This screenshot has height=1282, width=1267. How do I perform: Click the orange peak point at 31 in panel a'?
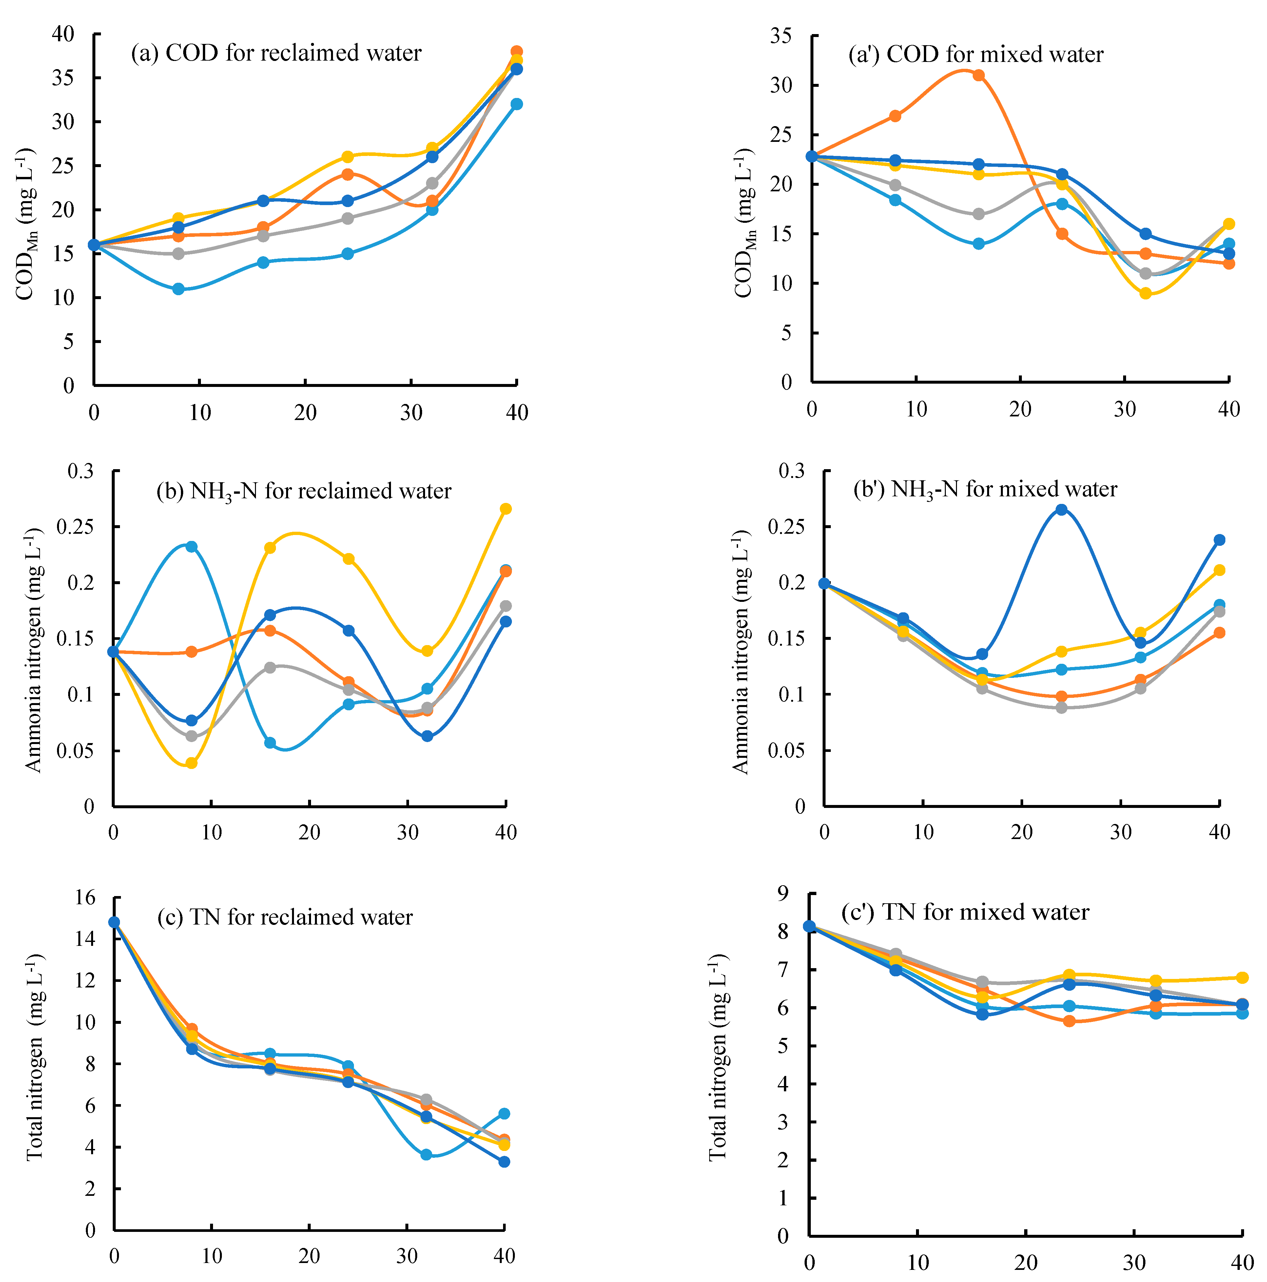click(x=978, y=75)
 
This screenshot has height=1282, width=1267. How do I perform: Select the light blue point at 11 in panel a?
click(x=179, y=289)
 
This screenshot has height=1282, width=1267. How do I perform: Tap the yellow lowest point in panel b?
click(x=192, y=763)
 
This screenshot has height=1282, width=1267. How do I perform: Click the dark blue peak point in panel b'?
click(x=1061, y=509)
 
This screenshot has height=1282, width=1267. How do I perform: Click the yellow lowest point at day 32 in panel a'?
click(x=1145, y=293)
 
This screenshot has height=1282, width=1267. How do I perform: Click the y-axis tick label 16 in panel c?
click(x=85, y=898)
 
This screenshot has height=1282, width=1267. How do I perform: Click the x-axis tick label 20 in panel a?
click(x=305, y=413)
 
